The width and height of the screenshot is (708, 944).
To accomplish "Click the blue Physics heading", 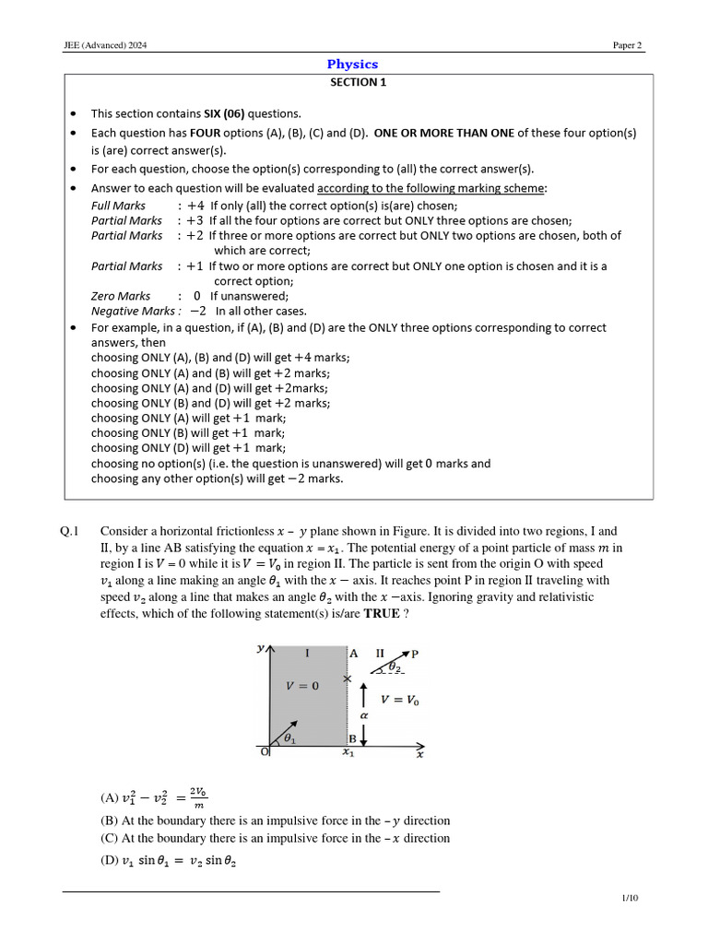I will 353,65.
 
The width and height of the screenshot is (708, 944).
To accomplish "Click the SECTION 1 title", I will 353,82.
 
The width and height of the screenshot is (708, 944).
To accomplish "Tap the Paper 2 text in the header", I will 628,46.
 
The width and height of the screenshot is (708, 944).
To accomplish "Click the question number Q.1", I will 72,531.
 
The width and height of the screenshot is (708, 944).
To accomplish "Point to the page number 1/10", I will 631,898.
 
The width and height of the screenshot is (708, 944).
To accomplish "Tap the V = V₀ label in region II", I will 399,700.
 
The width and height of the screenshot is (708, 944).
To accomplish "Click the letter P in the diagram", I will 415,654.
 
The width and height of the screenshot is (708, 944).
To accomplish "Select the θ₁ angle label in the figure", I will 290,737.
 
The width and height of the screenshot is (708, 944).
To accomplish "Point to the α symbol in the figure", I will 363,714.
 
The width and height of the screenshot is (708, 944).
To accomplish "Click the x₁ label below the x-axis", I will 348,753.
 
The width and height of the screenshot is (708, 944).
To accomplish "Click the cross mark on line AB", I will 347,679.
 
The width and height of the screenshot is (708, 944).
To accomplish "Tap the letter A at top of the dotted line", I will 354,653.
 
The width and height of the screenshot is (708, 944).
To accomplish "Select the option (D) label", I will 110,860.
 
